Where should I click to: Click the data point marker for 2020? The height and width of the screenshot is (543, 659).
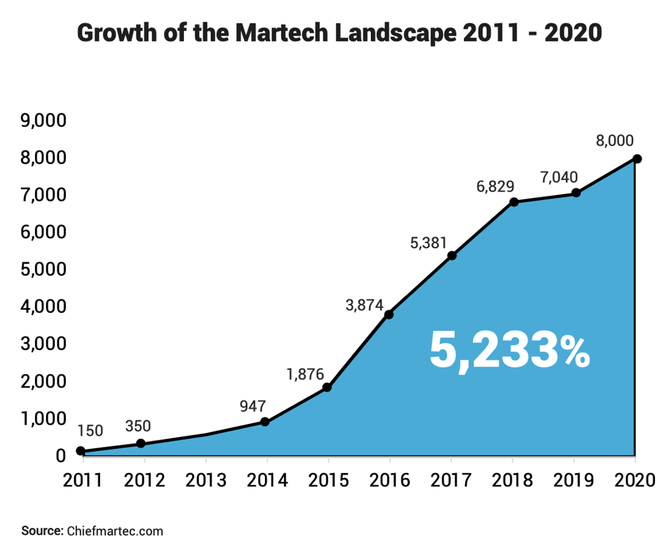(x=637, y=159)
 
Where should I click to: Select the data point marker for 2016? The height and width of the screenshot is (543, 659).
(x=389, y=315)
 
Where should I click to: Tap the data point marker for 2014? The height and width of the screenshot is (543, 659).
(x=265, y=422)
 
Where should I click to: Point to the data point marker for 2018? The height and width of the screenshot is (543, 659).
(x=514, y=202)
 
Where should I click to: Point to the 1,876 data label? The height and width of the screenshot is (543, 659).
(x=305, y=374)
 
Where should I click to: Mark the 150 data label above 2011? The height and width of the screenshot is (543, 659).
(x=90, y=431)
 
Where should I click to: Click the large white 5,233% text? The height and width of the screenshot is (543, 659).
(x=509, y=349)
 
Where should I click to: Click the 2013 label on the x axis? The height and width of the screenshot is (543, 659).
(x=206, y=479)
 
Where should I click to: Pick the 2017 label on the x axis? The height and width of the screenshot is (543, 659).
(x=451, y=479)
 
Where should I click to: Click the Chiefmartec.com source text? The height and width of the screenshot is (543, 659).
(x=113, y=530)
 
